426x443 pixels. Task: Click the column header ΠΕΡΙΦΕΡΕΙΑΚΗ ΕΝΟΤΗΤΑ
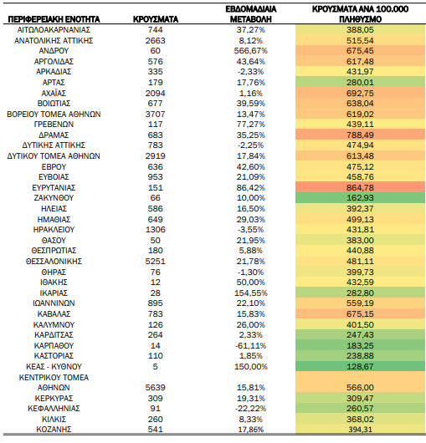click(54, 19)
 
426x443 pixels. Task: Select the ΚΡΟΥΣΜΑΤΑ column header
click(156, 19)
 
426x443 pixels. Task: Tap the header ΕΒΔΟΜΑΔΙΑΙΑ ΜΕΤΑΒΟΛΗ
click(250, 14)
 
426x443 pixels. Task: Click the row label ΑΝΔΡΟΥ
click(54, 51)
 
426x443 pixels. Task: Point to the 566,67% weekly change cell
click(250, 51)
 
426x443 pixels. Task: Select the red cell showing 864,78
click(360, 187)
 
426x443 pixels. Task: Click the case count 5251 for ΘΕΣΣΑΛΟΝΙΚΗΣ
click(156, 261)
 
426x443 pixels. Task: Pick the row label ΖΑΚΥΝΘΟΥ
click(54, 198)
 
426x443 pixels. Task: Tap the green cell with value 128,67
click(360, 366)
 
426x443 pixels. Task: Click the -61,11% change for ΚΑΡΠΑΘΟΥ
click(250, 345)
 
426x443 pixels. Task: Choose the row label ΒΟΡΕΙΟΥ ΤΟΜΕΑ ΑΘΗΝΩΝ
click(54, 115)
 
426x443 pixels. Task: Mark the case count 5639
click(156, 387)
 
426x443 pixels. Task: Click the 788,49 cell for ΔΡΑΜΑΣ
click(360, 135)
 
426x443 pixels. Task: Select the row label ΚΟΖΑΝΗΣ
click(54, 430)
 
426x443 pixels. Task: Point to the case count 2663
click(156, 40)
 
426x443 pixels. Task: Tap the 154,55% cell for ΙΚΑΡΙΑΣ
click(250, 293)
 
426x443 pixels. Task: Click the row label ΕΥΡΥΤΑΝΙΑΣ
click(54, 187)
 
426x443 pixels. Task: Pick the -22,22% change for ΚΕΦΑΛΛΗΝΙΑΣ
click(250, 409)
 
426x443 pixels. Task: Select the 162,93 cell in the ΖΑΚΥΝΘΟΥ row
click(360, 198)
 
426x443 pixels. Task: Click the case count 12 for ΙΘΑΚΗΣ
click(156, 283)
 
